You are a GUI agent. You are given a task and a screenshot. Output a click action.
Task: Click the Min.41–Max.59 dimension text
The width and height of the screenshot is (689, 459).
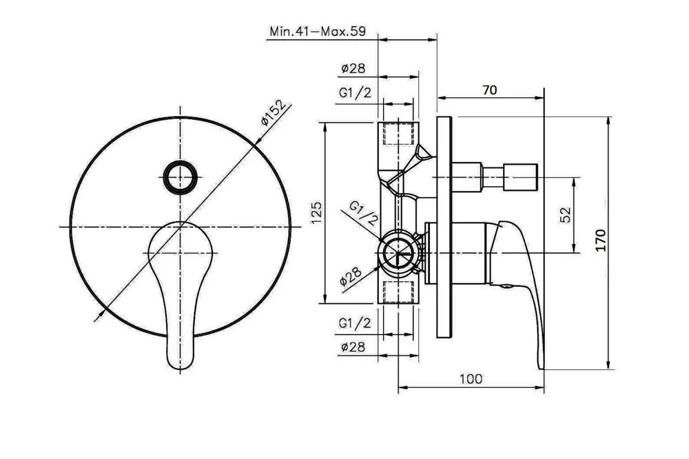coord(317,32)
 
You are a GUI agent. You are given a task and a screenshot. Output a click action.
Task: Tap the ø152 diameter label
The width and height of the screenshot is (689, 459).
coord(275,113)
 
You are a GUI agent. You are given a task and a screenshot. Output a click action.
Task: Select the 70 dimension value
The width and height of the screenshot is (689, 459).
coord(489,90)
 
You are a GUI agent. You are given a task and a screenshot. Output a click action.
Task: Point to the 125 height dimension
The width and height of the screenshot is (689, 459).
coord(317,213)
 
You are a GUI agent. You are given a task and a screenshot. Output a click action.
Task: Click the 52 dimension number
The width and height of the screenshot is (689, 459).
coord(566,214)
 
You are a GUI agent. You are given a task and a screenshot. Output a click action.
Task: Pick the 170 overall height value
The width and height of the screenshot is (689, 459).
coord(601,240)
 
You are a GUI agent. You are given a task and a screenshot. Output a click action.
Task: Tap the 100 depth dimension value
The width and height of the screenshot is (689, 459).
coord(471,378)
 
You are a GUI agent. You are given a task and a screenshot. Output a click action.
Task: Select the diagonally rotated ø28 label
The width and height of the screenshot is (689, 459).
coord(351,276)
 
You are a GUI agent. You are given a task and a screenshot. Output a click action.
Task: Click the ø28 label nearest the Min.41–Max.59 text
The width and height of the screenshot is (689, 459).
coord(353,69)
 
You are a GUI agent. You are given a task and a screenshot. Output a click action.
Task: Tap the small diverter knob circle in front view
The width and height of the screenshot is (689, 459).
coord(179,177)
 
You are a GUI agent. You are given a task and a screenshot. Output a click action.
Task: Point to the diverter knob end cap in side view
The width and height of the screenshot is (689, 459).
coord(520,177)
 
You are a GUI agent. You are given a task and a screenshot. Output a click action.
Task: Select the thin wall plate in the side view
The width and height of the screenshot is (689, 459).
coord(444,227)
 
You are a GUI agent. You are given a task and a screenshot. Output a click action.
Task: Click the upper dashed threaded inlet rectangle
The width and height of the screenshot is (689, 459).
coord(399,134)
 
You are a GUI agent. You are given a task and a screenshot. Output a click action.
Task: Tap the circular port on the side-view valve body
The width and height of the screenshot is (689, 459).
coord(398,253)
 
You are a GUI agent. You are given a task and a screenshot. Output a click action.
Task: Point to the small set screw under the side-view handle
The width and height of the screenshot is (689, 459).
coord(506,286)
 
